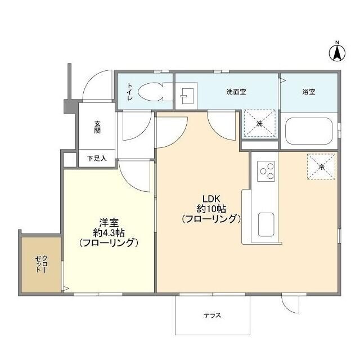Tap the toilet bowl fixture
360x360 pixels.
click(x=149, y=91)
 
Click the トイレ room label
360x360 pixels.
click(x=130, y=92)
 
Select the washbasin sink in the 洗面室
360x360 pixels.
click(x=188, y=96)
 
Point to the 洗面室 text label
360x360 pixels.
click(x=236, y=92)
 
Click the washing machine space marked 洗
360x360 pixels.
click(x=260, y=123)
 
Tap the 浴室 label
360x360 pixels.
click(x=308, y=92)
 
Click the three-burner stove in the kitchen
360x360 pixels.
click(x=266, y=171)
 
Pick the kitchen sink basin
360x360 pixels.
click(x=266, y=225)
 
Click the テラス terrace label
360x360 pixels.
click(x=212, y=315)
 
